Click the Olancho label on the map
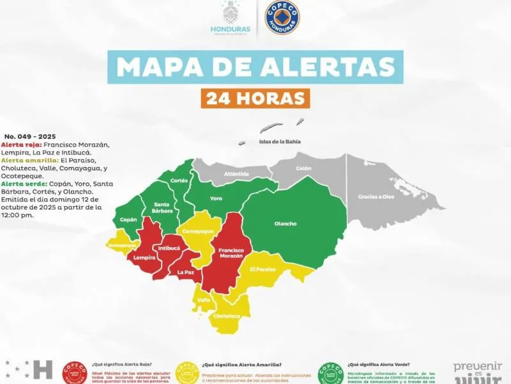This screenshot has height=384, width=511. pos(286,223)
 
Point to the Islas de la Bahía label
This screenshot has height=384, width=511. pos(279,141)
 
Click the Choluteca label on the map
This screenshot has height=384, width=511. pos(227,316)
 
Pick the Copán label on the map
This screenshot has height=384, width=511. pos(128,220)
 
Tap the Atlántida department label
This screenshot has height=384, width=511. pos(236,174)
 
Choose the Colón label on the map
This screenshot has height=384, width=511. pos(303,168)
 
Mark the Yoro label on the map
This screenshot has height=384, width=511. pos(216,198)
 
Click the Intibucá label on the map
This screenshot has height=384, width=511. pos(169,247)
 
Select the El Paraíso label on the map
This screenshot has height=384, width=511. pos(263,269)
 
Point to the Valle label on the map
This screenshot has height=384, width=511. pos(204,300)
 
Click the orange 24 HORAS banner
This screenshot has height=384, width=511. pos(255,97)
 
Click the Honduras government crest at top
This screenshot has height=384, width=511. pos(230,14)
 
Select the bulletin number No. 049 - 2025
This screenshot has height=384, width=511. pos(29,136)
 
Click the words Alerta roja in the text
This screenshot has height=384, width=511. pos(20,145)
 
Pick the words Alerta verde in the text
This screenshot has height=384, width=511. pos(22,183)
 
